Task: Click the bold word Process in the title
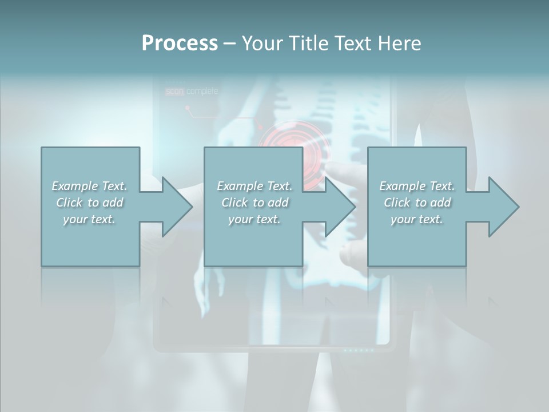click(180, 43)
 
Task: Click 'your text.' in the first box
click(90, 219)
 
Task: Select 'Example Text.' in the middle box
click(254, 186)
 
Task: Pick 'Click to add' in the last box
click(417, 203)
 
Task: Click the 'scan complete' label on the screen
click(192, 92)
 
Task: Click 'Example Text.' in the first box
click(90, 186)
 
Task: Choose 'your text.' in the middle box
click(254, 219)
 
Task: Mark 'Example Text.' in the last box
click(417, 186)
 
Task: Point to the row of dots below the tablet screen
click(359, 350)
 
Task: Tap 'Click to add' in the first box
click(90, 203)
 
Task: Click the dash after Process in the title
click(229, 43)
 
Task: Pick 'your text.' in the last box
click(417, 219)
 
